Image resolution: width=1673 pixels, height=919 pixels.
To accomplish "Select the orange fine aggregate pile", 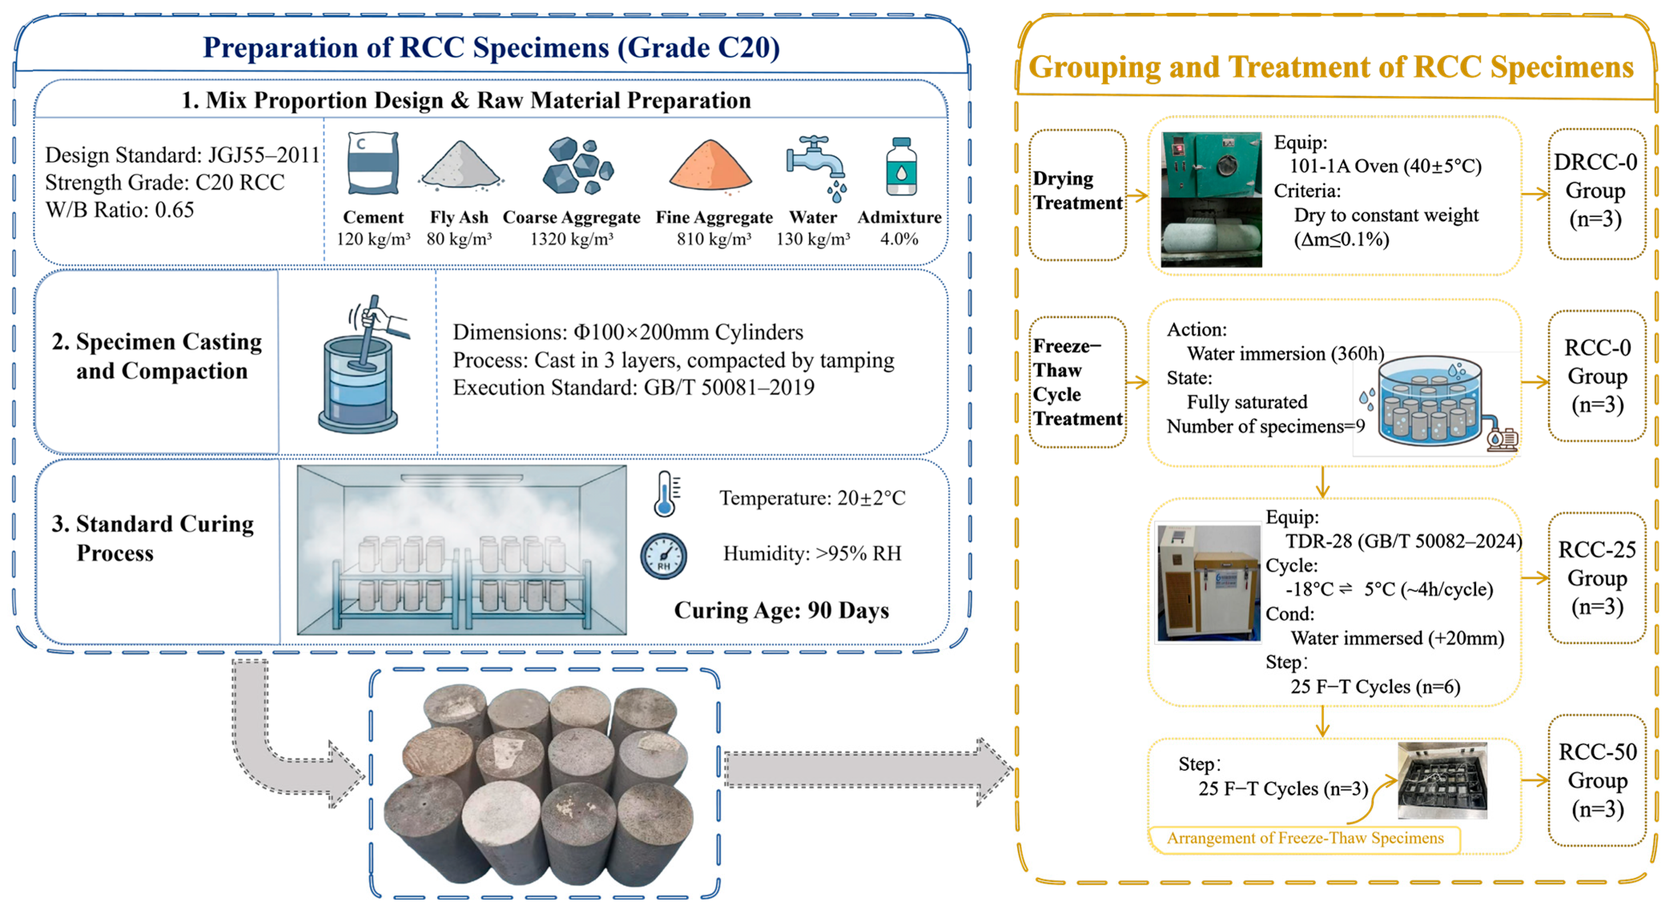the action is pyautogui.click(x=711, y=166).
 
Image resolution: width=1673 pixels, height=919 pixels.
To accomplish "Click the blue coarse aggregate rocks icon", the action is pyautogui.click(x=577, y=166).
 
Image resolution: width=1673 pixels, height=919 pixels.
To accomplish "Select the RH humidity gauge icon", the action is pyautogui.click(x=664, y=556).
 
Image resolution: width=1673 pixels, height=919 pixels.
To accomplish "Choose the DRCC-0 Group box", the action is pyautogui.click(x=1597, y=193).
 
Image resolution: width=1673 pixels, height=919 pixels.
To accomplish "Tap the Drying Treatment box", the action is pyautogui.click(x=1077, y=194).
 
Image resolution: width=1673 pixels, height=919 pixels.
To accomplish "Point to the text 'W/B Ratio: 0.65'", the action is pyautogui.click(x=119, y=210).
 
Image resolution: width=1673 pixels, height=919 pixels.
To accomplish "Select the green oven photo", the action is pyautogui.click(x=1211, y=200).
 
